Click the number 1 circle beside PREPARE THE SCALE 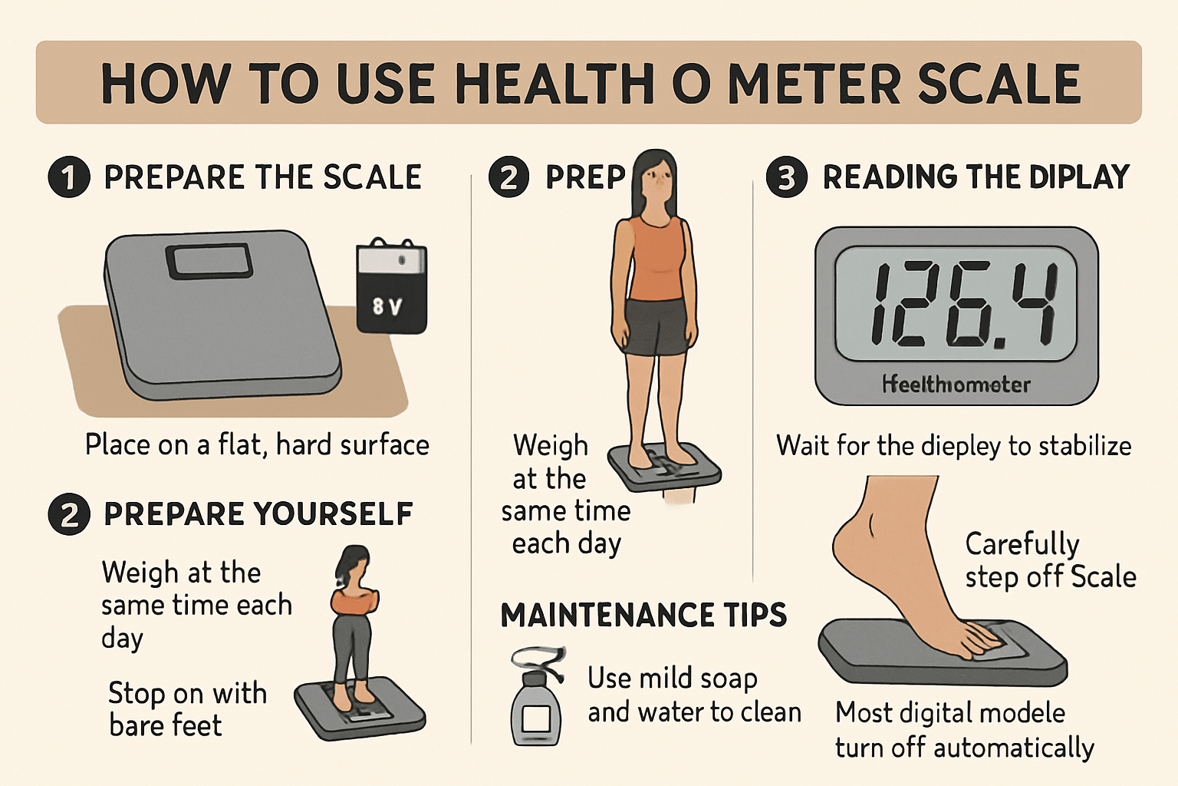(x=69, y=177)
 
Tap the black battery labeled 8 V (x=391, y=288)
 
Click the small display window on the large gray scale (x=209, y=261)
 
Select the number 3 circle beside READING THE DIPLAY (x=787, y=177)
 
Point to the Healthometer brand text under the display (x=956, y=384)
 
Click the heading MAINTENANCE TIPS (x=643, y=616)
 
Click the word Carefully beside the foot (x=1022, y=543)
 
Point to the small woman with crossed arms (x=354, y=614)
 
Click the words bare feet (x=165, y=725)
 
